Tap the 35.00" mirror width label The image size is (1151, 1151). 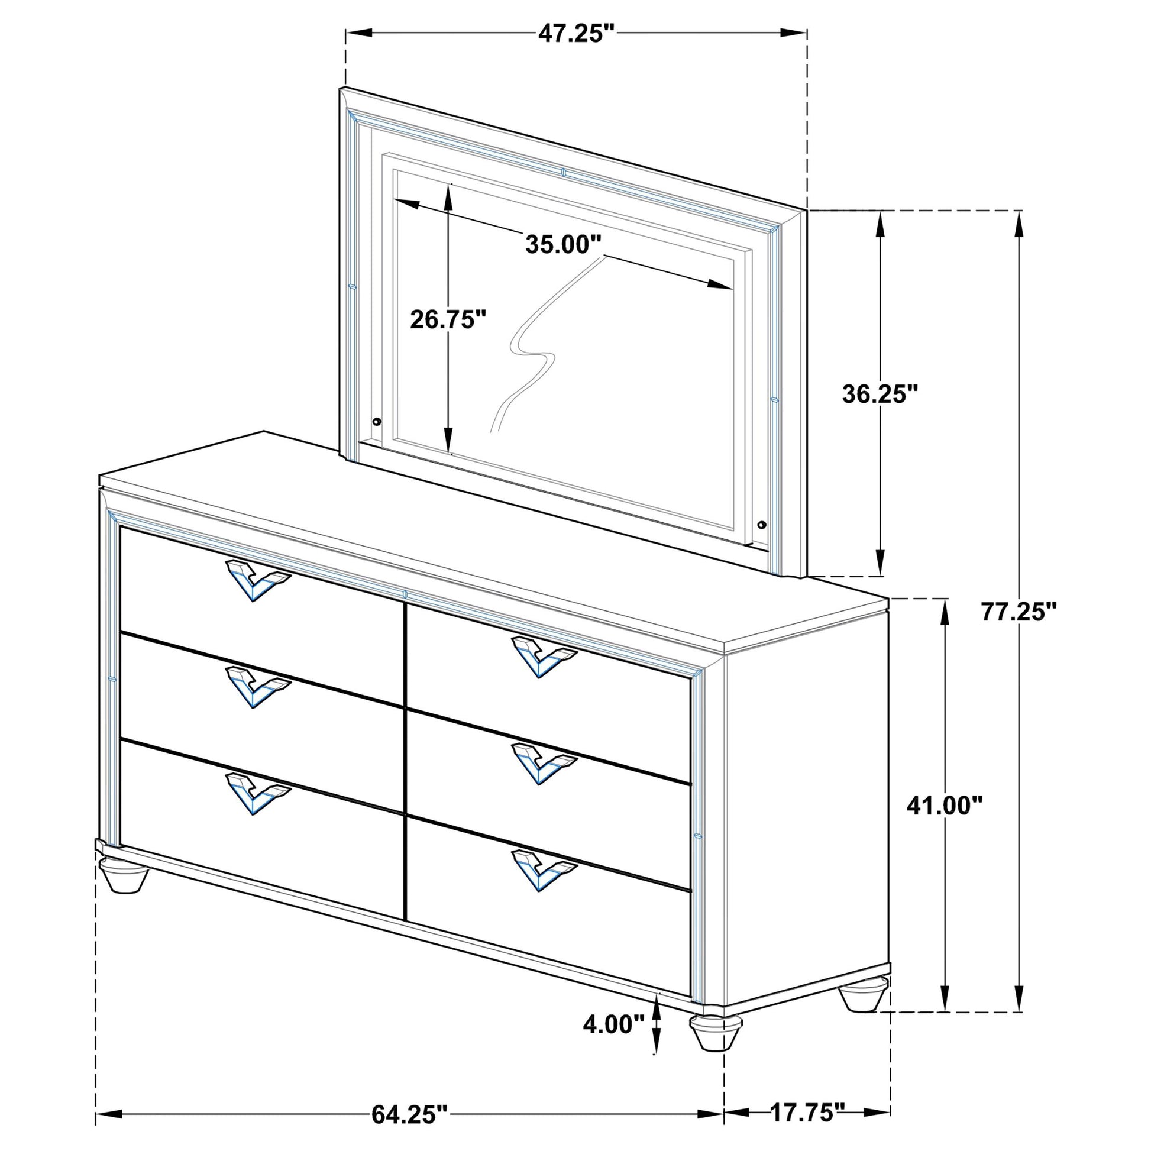point(564,244)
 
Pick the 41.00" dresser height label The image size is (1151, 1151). point(944,806)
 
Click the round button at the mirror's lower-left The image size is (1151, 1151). point(377,422)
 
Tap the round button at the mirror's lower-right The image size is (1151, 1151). point(761,525)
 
